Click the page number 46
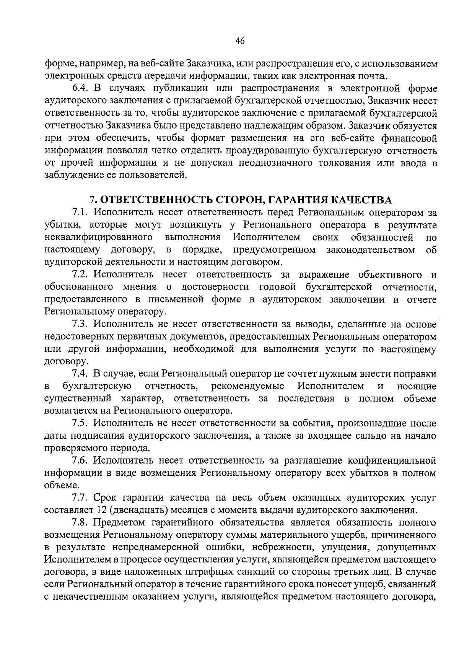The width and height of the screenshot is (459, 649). (240, 42)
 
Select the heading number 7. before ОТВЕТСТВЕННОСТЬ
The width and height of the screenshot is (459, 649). (92, 200)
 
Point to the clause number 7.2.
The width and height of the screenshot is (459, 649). (80, 275)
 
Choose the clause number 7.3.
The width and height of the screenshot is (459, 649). (80, 324)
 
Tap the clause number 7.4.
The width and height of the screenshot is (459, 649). (80, 374)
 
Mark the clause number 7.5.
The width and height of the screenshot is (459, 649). (80, 423)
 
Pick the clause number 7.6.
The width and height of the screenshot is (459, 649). (80, 460)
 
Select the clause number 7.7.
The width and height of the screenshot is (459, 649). (80, 498)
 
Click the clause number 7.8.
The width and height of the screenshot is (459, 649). (80, 523)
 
